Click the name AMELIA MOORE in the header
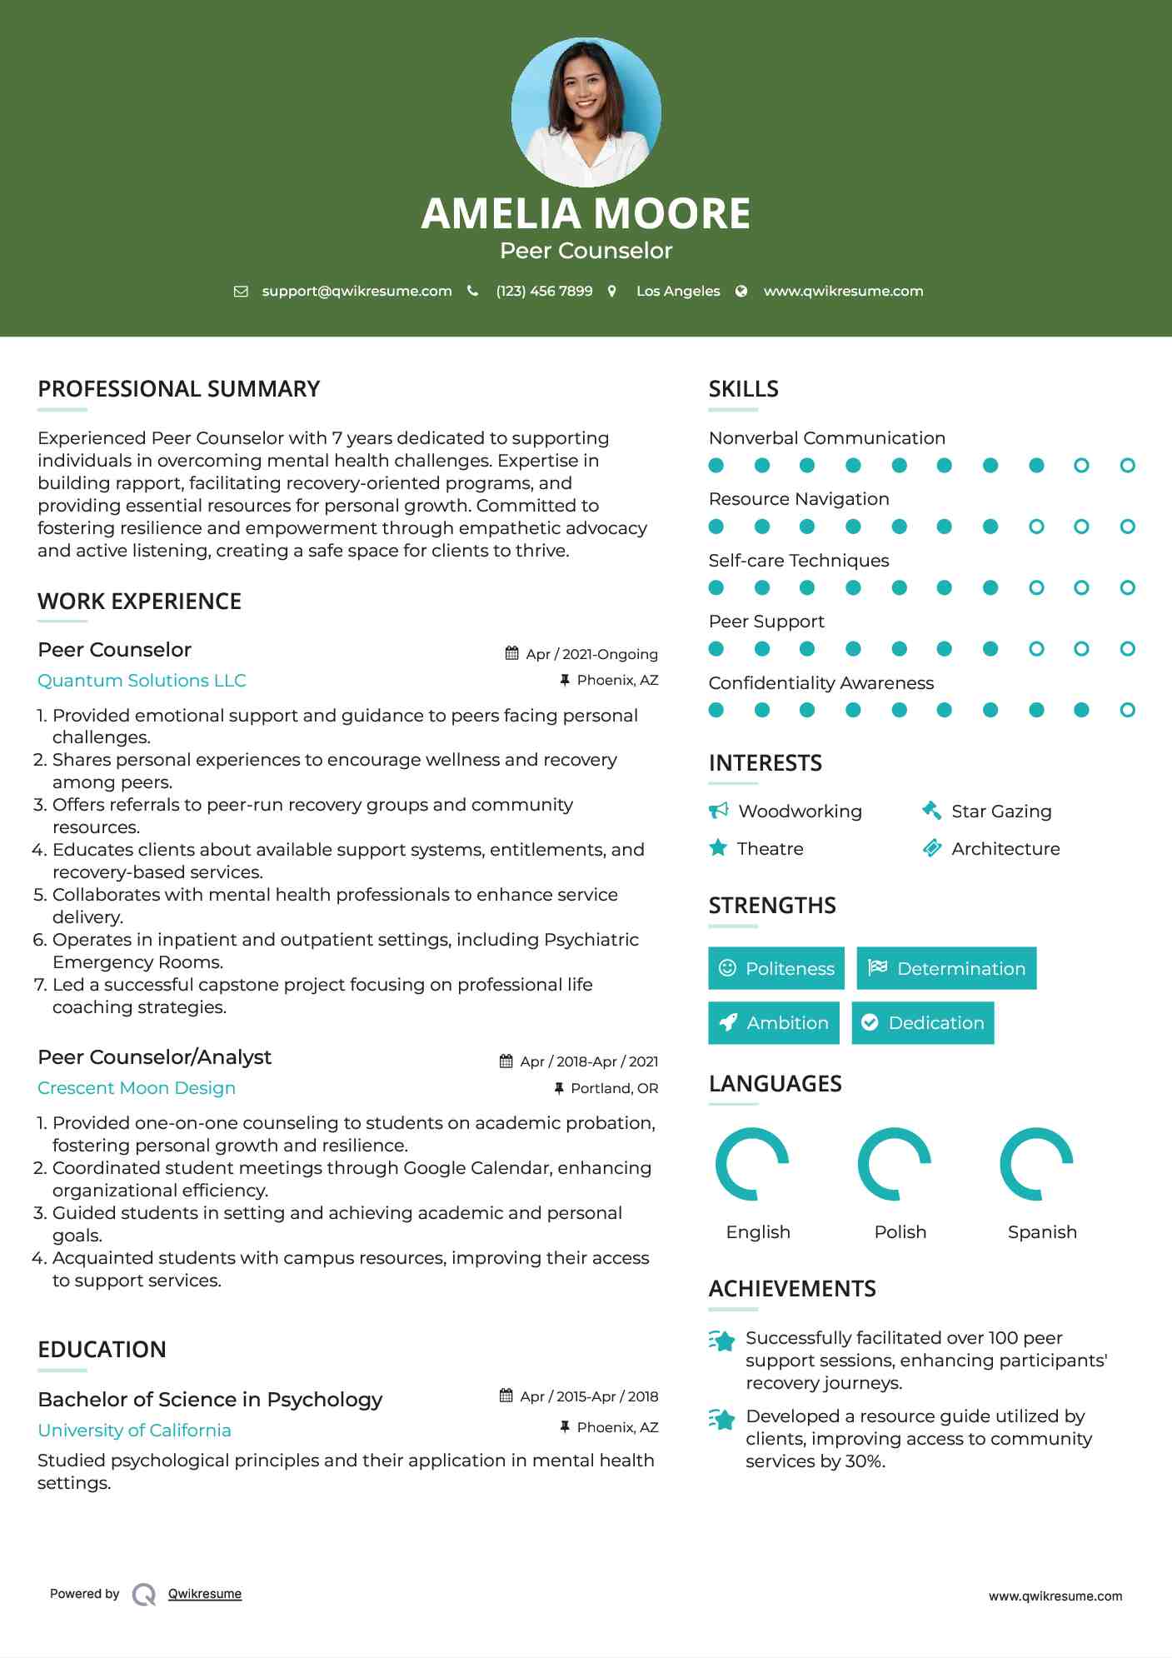(x=586, y=213)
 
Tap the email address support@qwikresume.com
(x=357, y=291)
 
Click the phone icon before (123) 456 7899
(x=473, y=291)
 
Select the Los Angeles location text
(x=677, y=291)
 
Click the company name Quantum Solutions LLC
(x=142, y=681)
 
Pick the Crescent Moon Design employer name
(x=137, y=1088)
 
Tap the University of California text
(x=134, y=1431)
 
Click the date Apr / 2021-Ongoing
(x=591, y=654)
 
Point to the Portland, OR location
(x=614, y=1088)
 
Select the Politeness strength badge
(x=776, y=968)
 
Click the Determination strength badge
(x=946, y=968)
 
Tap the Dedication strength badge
(x=923, y=1023)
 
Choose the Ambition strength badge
(x=774, y=1023)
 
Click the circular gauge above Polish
(x=895, y=1164)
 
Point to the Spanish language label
(x=1042, y=1232)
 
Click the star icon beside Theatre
(x=718, y=848)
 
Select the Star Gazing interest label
(x=1001, y=812)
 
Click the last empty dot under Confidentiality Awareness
(x=1127, y=710)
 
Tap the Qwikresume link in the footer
(x=205, y=1594)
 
